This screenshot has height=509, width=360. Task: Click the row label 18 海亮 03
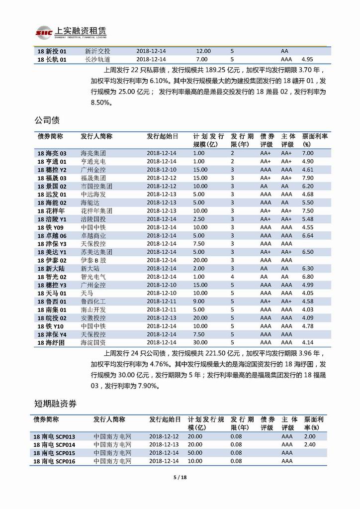click(52, 154)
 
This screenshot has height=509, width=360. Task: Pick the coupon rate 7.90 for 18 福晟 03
click(308, 178)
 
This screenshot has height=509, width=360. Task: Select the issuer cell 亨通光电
click(93, 162)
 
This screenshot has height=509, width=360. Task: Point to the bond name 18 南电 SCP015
click(54, 453)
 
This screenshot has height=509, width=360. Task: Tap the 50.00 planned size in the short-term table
click(195, 453)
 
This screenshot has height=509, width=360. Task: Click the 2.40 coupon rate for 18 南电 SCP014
click(310, 444)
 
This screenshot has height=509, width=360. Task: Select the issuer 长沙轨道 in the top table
click(97, 59)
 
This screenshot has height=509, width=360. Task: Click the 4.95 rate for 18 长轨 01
click(308, 59)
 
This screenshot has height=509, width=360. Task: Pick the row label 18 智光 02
click(52, 277)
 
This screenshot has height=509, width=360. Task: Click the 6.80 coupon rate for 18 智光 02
click(308, 277)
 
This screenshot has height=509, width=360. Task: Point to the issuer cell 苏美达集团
click(96, 252)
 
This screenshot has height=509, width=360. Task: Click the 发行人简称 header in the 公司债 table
click(96, 136)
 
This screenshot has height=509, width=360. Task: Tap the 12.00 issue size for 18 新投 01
click(203, 51)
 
